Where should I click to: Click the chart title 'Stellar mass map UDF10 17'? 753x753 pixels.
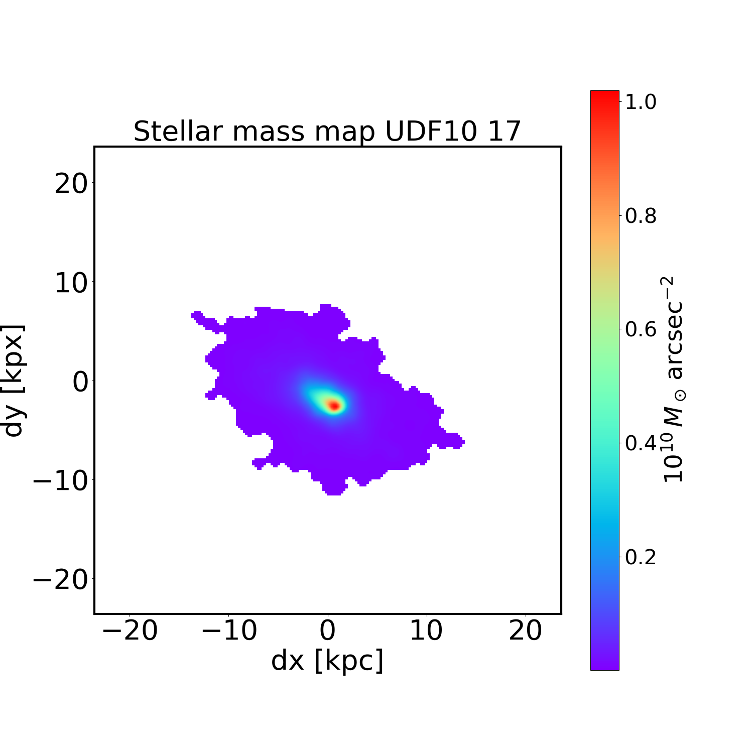(x=327, y=132)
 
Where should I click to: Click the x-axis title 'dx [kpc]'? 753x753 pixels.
(x=327, y=660)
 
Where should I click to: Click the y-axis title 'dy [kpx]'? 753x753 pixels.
(x=14, y=381)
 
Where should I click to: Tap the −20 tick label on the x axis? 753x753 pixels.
(x=130, y=631)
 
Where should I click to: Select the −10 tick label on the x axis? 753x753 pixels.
(x=229, y=631)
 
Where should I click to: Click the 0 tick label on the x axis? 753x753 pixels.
(x=327, y=631)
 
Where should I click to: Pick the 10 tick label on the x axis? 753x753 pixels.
(x=426, y=631)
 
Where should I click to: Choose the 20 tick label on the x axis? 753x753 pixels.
(x=525, y=631)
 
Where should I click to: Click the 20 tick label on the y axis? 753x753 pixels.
(x=70, y=184)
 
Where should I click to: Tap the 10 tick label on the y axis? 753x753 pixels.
(x=70, y=283)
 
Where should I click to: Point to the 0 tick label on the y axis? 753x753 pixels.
(x=80, y=383)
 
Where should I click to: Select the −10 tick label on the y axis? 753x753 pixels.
(x=60, y=481)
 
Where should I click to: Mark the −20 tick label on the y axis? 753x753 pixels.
(x=60, y=580)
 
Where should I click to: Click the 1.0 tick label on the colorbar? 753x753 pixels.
(x=641, y=102)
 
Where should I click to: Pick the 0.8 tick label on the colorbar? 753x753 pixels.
(x=641, y=216)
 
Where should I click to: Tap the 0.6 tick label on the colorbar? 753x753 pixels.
(x=641, y=330)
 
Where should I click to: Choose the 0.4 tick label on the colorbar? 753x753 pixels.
(x=641, y=443)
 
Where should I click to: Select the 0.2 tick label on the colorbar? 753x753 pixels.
(x=641, y=557)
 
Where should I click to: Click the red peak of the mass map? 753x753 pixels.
(x=334, y=405)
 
